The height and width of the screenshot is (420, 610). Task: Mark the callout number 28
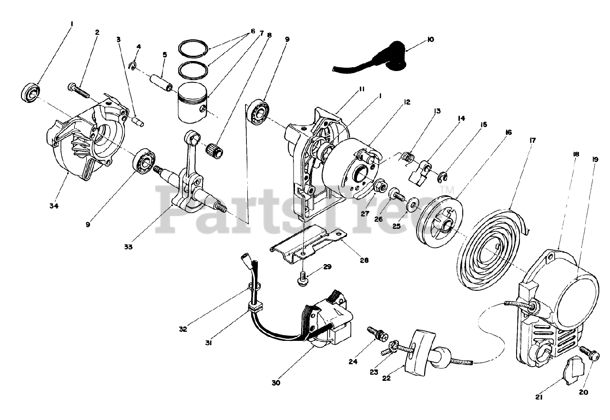[364, 261]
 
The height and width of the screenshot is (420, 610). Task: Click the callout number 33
[129, 247]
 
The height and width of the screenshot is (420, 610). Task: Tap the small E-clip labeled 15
[442, 179]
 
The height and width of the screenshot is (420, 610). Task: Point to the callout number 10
[431, 40]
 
